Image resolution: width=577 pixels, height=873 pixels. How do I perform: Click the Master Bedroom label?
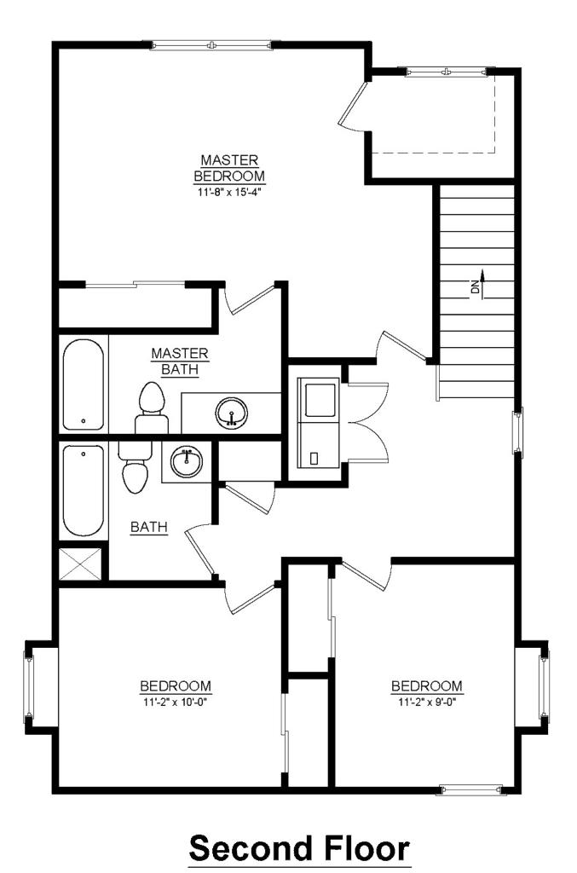(229, 168)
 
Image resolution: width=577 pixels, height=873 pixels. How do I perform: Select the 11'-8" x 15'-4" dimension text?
(229, 193)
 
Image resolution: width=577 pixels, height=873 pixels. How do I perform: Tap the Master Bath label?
(180, 361)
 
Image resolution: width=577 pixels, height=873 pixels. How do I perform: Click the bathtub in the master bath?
(83, 384)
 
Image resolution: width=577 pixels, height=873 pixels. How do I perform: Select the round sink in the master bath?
(232, 413)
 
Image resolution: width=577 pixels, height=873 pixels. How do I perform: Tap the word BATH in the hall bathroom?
(148, 527)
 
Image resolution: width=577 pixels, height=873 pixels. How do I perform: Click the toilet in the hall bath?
(134, 468)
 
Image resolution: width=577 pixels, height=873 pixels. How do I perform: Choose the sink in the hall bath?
(187, 461)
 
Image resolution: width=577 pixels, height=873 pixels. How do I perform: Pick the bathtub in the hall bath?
(83, 490)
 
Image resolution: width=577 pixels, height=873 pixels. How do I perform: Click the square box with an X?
(81, 564)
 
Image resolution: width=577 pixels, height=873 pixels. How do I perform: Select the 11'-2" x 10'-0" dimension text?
(176, 702)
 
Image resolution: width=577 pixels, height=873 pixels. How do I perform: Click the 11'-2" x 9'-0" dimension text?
(427, 702)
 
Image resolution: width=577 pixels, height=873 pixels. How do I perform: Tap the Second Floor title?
(299, 848)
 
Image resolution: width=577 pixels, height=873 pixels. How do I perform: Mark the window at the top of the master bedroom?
(211, 45)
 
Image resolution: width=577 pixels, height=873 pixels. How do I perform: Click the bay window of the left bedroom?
(28, 686)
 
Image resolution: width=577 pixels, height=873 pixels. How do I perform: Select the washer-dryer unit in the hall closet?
(318, 423)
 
